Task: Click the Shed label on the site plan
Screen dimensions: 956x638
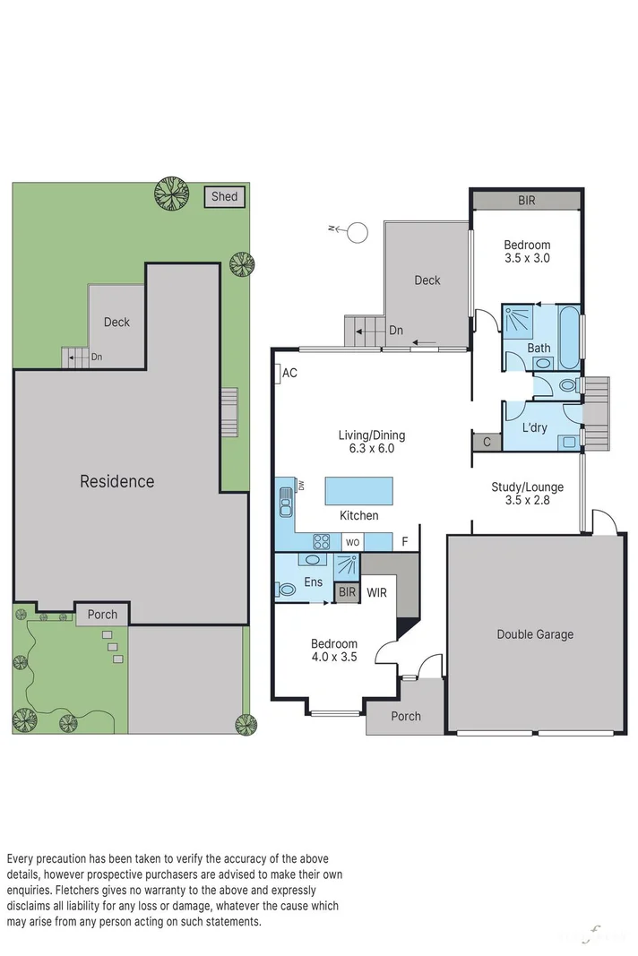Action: click(x=224, y=196)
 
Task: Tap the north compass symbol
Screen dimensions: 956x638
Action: click(x=357, y=232)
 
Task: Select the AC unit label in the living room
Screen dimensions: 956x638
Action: click(x=289, y=374)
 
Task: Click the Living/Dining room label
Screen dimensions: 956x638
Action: click(x=371, y=435)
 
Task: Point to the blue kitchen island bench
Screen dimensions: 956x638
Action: click(x=358, y=491)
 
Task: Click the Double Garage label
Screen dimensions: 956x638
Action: click(x=535, y=634)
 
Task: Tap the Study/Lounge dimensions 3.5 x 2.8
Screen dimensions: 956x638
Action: click(x=527, y=501)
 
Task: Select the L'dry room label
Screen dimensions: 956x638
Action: click(x=534, y=427)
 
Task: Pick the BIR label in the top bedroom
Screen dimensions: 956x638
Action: click(x=526, y=201)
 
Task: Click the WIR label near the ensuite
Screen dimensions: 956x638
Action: click(x=376, y=592)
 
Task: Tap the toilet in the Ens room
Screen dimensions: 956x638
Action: click(x=286, y=590)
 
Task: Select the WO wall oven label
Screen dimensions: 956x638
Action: click(x=353, y=542)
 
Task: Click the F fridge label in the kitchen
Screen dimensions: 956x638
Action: click(x=405, y=542)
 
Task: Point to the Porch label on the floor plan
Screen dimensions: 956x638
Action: click(x=406, y=716)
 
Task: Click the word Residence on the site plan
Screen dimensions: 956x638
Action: click(x=116, y=481)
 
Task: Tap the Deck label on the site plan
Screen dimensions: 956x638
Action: click(x=116, y=323)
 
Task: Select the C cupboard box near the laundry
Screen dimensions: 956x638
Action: click(x=487, y=442)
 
